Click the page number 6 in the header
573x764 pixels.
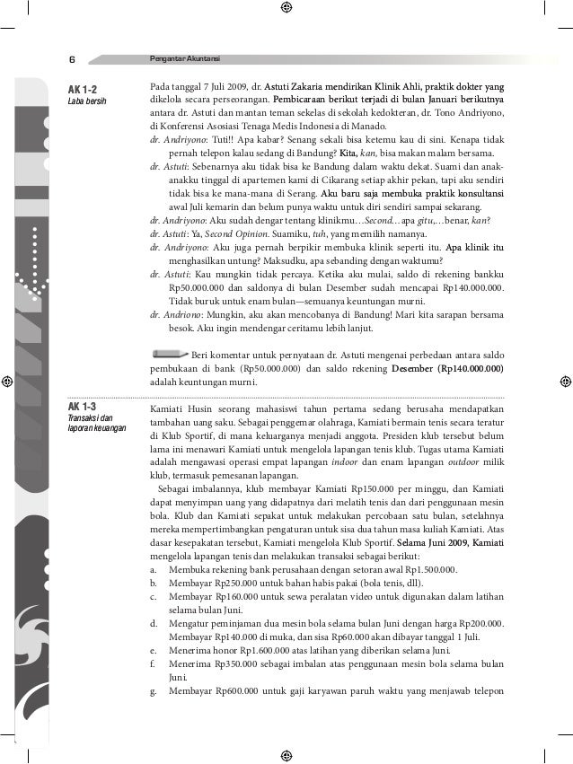click(71, 60)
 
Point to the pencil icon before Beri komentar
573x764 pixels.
click(170, 353)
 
